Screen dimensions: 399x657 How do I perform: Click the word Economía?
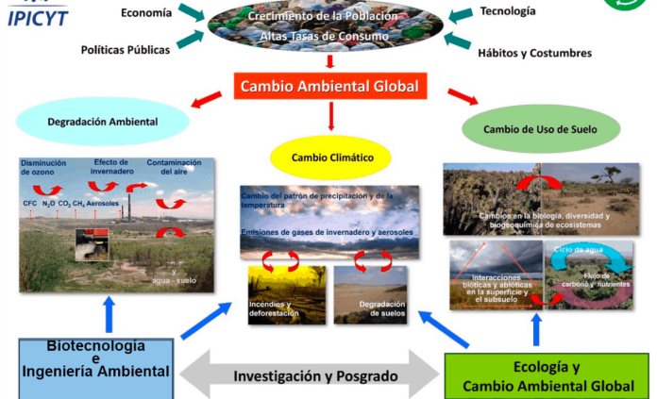click(146, 12)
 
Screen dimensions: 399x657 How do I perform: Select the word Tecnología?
click(507, 11)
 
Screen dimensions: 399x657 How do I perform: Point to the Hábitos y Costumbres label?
click(534, 53)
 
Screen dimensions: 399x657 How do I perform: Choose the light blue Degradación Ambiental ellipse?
click(103, 122)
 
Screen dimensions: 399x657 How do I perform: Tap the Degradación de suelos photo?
click(370, 294)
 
